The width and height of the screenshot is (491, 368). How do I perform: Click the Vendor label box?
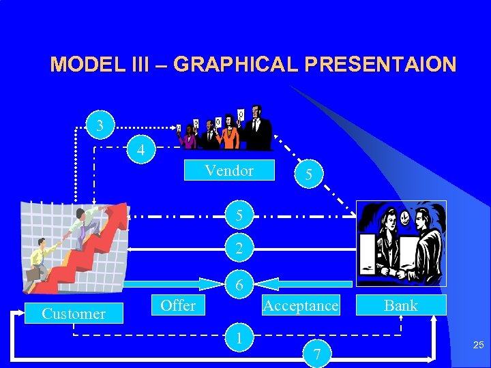coord(229,170)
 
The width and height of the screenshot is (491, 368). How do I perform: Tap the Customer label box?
coord(74,313)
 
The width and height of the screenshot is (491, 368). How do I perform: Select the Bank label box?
coord(400,305)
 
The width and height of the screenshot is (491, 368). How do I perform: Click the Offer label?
coord(178,305)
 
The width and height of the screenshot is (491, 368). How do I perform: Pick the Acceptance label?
coord(301,305)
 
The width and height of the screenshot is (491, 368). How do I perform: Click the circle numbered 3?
coord(101,125)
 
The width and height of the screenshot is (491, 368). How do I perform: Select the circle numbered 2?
coord(239,250)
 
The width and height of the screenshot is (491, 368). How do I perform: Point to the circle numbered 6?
coord(239,286)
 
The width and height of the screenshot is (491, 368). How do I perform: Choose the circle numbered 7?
coord(316,353)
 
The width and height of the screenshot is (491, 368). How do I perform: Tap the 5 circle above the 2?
coord(239,217)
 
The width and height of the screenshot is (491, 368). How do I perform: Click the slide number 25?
coord(479,346)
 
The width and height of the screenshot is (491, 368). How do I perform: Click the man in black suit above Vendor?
coord(257,129)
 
